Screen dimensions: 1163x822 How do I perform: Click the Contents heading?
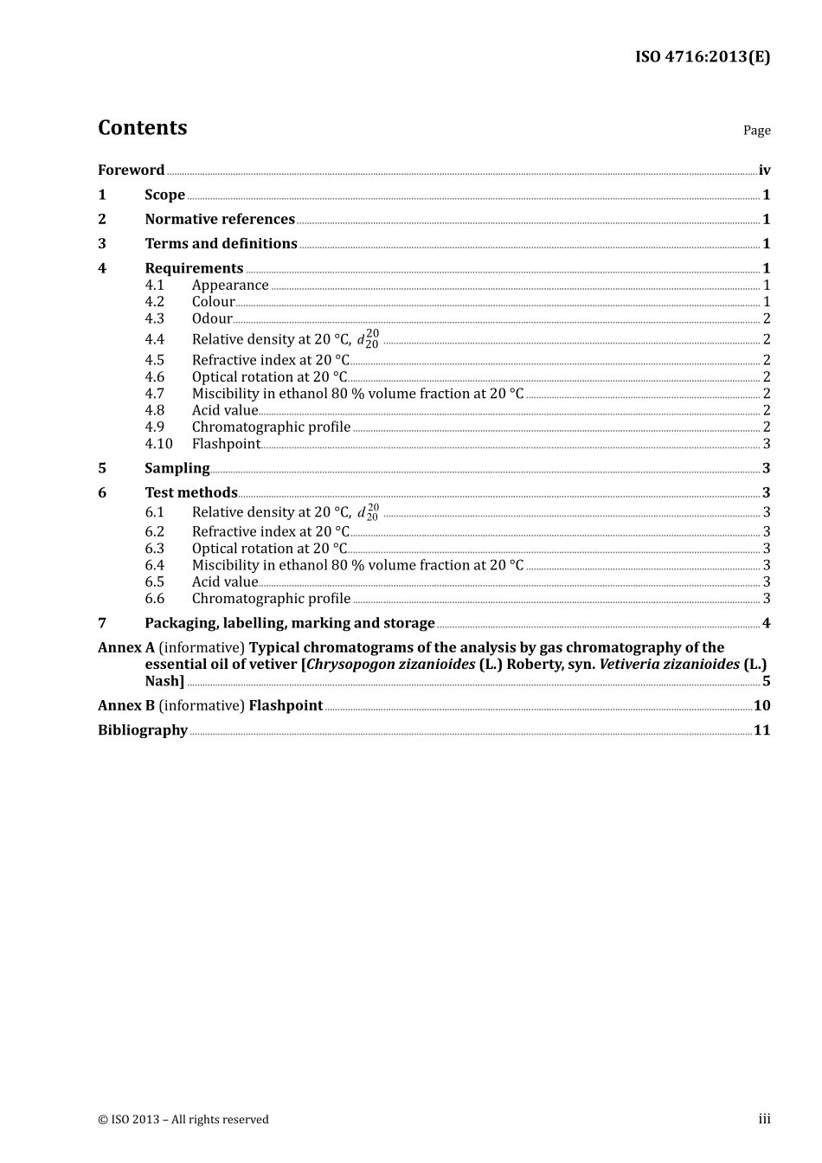coord(142,128)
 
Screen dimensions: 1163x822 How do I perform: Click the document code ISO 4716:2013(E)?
coord(702,57)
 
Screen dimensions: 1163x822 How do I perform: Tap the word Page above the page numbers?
coord(756,131)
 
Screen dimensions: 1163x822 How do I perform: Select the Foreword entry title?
coord(131,170)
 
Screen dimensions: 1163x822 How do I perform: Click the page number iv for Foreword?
coord(764,170)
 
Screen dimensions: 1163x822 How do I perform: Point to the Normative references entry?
coord(220,220)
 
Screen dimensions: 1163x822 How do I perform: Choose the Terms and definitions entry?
coord(221,244)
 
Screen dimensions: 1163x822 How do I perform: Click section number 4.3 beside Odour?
coord(154,318)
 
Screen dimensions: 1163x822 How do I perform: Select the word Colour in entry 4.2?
coord(213,302)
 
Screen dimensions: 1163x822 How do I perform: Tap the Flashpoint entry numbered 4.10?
coord(226,444)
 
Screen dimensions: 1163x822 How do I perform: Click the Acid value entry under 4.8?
coord(225,410)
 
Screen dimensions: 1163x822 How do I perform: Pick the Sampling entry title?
coord(177,468)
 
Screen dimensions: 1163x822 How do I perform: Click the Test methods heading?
coord(191,492)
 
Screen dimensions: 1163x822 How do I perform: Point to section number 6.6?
coord(154,599)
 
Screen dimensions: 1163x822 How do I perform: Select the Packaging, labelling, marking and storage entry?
coord(290,623)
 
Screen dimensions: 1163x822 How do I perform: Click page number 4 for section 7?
coord(766,623)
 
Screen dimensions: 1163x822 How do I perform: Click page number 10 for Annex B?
coord(761,706)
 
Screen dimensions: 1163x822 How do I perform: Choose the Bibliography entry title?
coord(143,730)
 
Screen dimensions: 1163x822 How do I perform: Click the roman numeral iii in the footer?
coord(764,1119)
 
